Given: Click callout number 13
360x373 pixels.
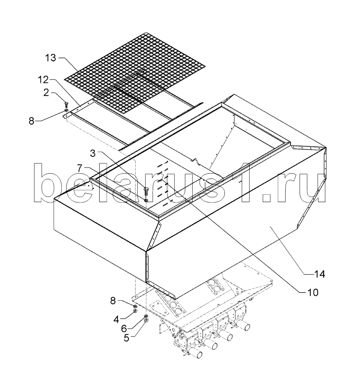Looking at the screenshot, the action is (50, 58).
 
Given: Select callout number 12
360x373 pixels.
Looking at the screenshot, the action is (43, 80).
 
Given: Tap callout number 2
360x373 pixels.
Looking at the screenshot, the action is (46, 92).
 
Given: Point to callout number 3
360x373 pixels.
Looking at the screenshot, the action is (92, 153).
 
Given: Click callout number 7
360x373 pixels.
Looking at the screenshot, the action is (80, 168).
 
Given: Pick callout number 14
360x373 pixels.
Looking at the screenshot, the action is (319, 274).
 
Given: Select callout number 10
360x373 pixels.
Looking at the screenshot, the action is (313, 293).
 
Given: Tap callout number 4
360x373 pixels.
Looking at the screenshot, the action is (116, 319).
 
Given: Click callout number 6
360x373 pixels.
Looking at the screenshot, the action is (124, 329).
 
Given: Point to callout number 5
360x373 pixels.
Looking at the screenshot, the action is (126, 338).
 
